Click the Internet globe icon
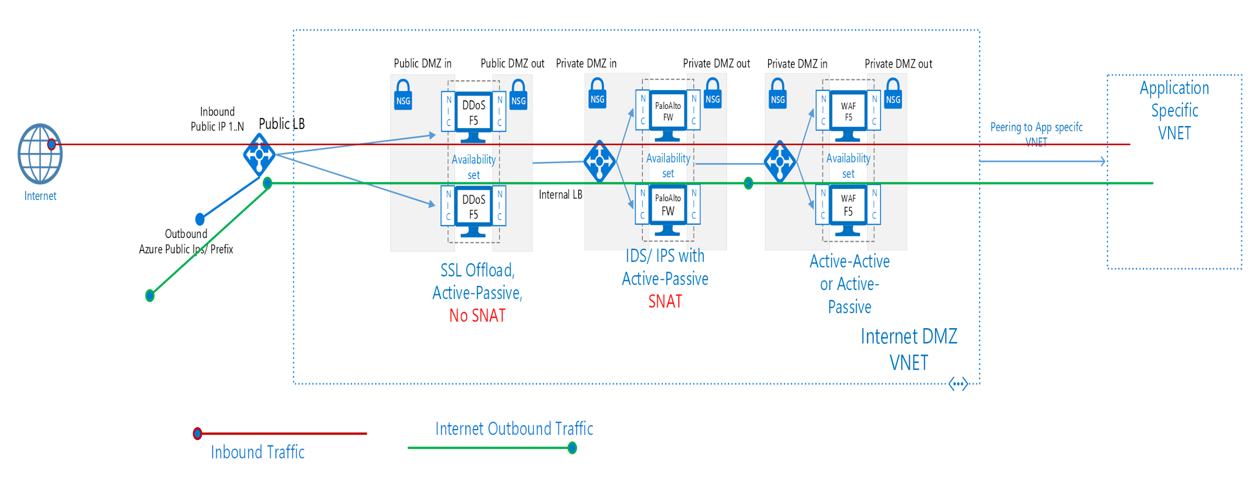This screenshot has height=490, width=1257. coord(40,154)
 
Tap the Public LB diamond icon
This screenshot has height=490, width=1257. coord(259,154)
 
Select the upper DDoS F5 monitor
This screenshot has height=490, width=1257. coord(473,115)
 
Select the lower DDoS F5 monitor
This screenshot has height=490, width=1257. coord(473,210)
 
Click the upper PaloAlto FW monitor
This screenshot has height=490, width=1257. coord(668,114)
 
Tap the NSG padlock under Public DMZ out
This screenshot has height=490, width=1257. coord(518,96)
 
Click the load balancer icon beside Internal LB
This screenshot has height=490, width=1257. coord(599,161)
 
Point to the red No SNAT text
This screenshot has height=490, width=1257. coord(477,316)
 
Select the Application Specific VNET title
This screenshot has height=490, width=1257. coord(1175,110)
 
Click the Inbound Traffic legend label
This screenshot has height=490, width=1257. coord(258,452)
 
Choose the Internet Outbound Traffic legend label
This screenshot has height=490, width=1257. coord(514,429)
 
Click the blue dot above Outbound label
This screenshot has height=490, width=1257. coord(200,219)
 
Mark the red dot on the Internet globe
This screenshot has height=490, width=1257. coord(51,144)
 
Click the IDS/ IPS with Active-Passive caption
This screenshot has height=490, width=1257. coord(665,267)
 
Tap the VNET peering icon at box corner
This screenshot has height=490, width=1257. coord(958,384)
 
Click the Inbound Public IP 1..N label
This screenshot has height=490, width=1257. coord(217,119)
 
